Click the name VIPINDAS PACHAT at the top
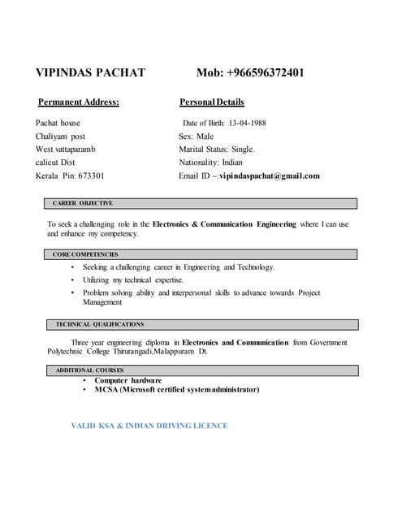pos(90,73)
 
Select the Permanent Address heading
pos(79,102)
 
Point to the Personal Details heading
pos(211,102)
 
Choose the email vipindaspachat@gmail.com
pos(270,175)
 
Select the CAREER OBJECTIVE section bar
pos(200,203)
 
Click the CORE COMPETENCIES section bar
pos(200,254)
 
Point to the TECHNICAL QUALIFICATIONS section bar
pos(200,324)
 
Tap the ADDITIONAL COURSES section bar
pos(200,370)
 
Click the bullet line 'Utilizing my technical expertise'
pos(139,279)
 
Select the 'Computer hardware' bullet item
pos(128,380)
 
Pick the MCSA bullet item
pos(177,390)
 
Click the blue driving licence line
pos(149,426)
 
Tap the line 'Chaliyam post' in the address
pos(60,136)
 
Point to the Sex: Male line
pos(196,136)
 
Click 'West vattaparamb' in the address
pos(65,149)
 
